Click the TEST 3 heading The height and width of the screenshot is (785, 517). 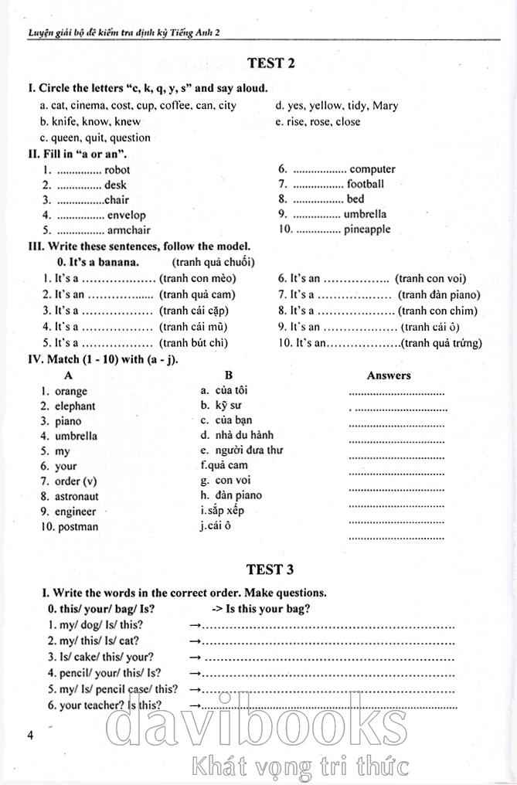click(x=270, y=570)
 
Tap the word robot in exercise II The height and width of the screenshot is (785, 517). click(x=117, y=170)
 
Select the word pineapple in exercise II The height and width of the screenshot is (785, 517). click(x=367, y=229)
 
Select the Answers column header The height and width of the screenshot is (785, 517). click(x=389, y=376)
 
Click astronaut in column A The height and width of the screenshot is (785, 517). click(x=77, y=497)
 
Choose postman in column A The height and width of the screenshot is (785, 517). click(x=77, y=527)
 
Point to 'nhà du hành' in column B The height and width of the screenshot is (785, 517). click(x=240, y=436)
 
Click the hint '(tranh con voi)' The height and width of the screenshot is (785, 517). click(x=430, y=279)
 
